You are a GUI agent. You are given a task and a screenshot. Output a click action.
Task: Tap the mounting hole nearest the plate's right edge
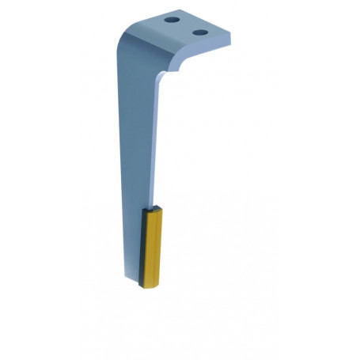(201, 32)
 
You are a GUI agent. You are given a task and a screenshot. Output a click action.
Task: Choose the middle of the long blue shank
(136, 142)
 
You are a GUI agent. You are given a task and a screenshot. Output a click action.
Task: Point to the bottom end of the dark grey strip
(143, 282)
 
